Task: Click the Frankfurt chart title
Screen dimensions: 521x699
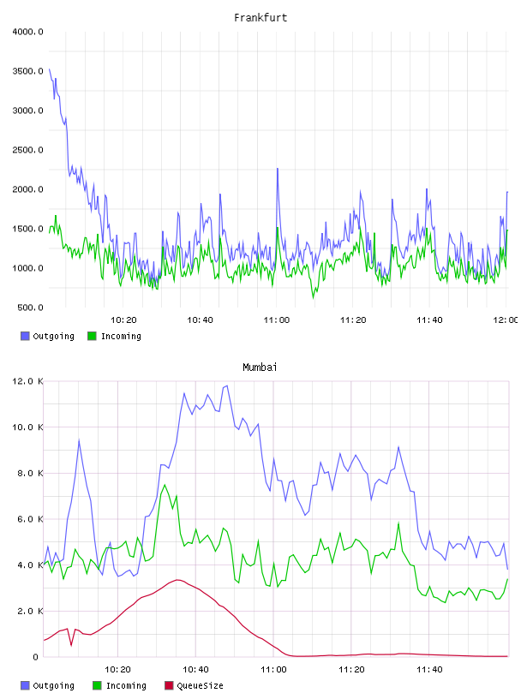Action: pyautogui.click(x=260, y=17)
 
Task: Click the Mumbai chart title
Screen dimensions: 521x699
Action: pyautogui.click(x=260, y=367)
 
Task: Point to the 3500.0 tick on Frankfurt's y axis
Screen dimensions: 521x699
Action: pyautogui.click(x=27, y=71)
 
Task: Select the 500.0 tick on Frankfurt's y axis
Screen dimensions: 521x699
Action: pyautogui.click(x=30, y=308)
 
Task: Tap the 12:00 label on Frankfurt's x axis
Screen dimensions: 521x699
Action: pyautogui.click(x=506, y=320)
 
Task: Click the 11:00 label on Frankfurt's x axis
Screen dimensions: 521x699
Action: pyautogui.click(x=277, y=320)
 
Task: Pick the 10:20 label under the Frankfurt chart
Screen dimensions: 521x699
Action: pyautogui.click(x=123, y=320)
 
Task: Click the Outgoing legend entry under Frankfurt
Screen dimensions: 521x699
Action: pyautogui.click(x=47, y=336)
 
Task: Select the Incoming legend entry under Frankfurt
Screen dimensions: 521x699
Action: pyautogui.click(x=115, y=336)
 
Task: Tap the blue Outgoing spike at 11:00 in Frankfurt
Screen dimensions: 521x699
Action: pyautogui.click(x=278, y=169)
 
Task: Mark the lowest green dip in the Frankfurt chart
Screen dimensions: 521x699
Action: pyautogui.click(x=313, y=297)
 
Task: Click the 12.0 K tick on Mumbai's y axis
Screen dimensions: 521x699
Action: pyautogui.click(x=27, y=381)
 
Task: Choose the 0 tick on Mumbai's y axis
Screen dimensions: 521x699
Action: pyautogui.click(x=36, y=657)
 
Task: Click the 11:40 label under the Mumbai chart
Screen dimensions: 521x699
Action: pyautogui.click(x=429, y=670)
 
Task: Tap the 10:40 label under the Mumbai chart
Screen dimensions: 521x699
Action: pyautogui.click(x=195, y=670)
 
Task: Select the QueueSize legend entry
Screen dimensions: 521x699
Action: pyautogui.click(x=194, y=685)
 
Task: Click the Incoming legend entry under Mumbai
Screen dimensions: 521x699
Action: pyautogui.click(x=120, y=685)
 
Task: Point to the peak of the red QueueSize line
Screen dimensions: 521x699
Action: pyautogui.click(x=177, y=580)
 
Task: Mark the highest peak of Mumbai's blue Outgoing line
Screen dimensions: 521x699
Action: pyautogui.click(x=227, y=385)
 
